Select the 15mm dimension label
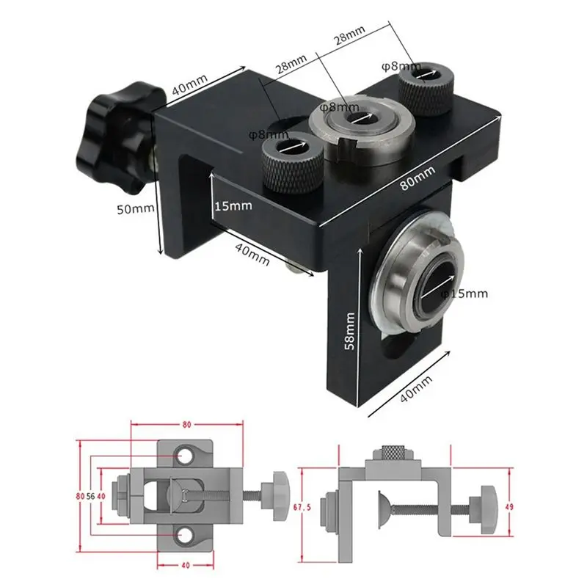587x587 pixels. coord(234,205)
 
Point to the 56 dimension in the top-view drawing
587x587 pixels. coord(90,495)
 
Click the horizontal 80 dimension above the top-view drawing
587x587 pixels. coord(186,424)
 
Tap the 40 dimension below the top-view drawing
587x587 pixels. coord(186,565)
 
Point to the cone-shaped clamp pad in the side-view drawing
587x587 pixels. coord(385,506)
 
